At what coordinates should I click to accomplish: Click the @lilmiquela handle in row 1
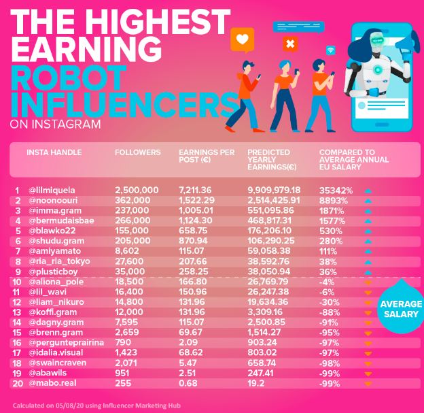51,190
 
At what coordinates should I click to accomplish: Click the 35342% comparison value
338,190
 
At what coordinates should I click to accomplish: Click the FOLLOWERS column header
138,152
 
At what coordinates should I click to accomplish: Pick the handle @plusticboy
52,271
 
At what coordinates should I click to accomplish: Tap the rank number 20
16,384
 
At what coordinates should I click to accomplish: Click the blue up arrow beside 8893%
368,202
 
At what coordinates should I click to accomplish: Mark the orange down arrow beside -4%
368,283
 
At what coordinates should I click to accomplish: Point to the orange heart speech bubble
241,39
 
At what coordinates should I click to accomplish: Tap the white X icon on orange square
290,45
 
